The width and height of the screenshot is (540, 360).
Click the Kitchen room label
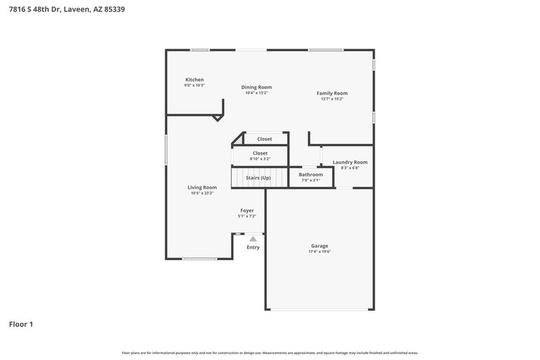(x=194, y=80)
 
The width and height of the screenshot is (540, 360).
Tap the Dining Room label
(x=256, y=87)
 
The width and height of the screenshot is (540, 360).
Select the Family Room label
(x=332, y=93)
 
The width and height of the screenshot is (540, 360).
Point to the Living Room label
(x=202, y=187)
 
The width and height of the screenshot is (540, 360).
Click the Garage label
(x=319, y=246)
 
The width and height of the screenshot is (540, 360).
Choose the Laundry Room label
(x=350, y=162)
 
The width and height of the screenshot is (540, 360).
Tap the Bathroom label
(x=310, y=174)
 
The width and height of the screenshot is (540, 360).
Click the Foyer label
(x=247, y=211)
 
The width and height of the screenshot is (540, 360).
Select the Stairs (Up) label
(x=259, y=178)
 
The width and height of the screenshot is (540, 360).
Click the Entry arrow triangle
(x=253, y=238)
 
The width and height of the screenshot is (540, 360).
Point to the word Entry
(x=253, y=247)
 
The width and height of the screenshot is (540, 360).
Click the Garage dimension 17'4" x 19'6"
(x=319, y=252)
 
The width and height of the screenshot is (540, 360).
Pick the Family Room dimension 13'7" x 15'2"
(x=332, y=99)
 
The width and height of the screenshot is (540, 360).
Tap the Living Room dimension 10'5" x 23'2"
(x=202, y=193)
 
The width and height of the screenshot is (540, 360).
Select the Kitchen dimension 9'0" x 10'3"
(x=194, y=86)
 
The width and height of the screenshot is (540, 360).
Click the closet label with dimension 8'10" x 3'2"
(x=260, y=153)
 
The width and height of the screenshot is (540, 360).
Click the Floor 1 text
(x=21, y=324)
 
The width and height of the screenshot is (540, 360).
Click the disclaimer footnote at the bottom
(x=269, y=353)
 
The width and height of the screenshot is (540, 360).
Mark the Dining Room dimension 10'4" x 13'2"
(x=256, y=93)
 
